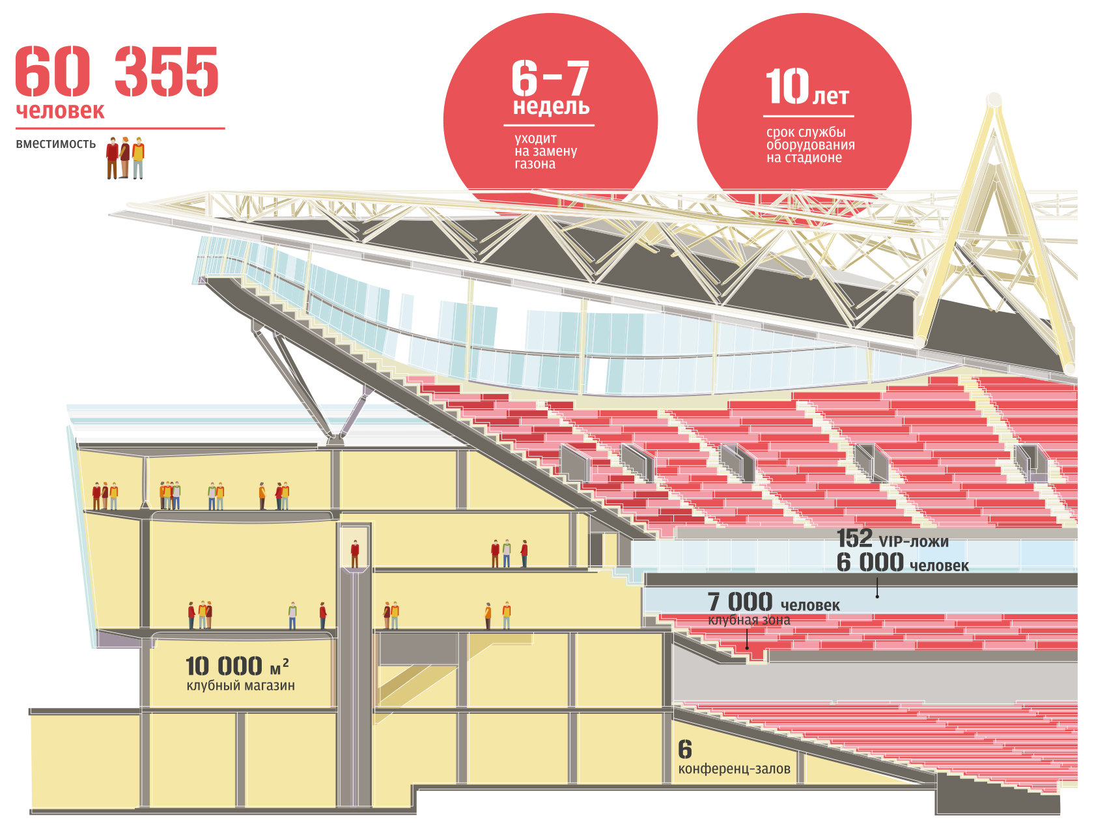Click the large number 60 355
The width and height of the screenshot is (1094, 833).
tap(117, 71)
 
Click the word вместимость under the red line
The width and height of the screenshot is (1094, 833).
tap(56, 144)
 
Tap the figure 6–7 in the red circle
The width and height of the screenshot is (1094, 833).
tap(550, 78)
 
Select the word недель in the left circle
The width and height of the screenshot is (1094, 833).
tap(551, 106)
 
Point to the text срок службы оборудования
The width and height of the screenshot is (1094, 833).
tap(810, 145)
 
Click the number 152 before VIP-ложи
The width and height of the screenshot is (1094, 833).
tap(854, 539)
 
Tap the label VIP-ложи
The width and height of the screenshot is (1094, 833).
tap(914, 542)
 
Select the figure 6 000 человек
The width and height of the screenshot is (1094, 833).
tap(903, 563)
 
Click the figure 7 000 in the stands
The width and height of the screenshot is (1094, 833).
tap(740, 602)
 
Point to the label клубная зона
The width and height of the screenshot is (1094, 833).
tap(749, 620)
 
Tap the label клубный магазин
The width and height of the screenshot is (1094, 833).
tap(240, 686)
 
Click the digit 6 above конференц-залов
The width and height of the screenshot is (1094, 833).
tap(685, 750)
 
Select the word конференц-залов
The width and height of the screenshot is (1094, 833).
tap(734, 769)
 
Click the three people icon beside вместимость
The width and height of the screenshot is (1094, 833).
tap(125, 158)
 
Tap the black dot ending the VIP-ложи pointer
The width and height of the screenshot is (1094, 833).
tap(877, 596)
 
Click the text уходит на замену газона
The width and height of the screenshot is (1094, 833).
tap(545, 151)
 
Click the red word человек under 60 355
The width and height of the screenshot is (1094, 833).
tap(60, 111)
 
